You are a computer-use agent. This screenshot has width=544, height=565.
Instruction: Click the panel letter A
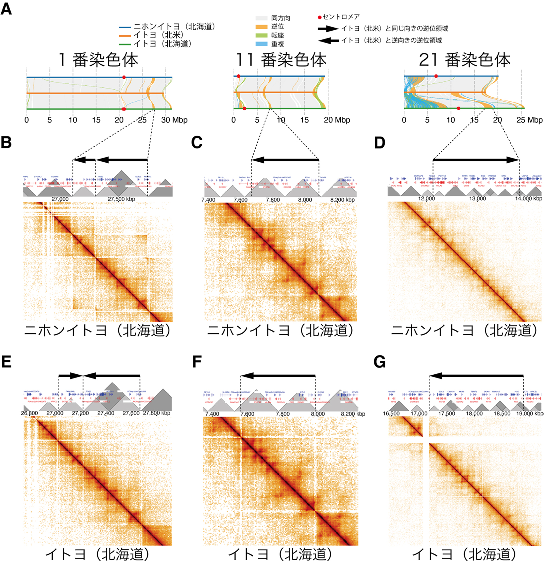click(6, 9)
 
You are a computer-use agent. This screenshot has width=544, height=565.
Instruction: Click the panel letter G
click(379, 362)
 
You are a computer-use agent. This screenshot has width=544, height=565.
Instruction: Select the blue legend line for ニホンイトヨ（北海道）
click(125, 27)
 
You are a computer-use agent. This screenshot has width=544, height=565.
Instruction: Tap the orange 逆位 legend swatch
click(261, 27)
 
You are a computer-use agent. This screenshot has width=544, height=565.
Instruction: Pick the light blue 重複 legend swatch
click(261, 44)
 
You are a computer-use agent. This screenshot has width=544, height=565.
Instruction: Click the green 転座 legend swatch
click(261, 35)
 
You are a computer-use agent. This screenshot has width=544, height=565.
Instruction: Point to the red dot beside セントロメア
click(319, 17)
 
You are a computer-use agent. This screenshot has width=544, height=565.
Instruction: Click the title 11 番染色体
click(281, 60)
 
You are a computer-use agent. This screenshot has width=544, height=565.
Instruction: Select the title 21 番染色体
click(464, 60)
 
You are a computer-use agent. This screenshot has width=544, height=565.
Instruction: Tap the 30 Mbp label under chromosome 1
click(174, 120)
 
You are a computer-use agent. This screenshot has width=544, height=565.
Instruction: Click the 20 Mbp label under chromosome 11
click(337, 120)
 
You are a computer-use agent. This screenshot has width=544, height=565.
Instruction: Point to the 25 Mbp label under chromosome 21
click(529, 120)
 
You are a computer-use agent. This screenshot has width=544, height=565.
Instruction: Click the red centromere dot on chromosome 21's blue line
click(436, 76)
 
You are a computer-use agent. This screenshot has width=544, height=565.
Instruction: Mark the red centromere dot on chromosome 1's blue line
click(124, 77)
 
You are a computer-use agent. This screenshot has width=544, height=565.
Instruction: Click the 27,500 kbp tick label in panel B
click(121, 199)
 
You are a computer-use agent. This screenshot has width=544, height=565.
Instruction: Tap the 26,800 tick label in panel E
click(29, 413)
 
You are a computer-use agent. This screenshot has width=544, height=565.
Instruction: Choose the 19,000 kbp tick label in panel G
click(530, 414)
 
